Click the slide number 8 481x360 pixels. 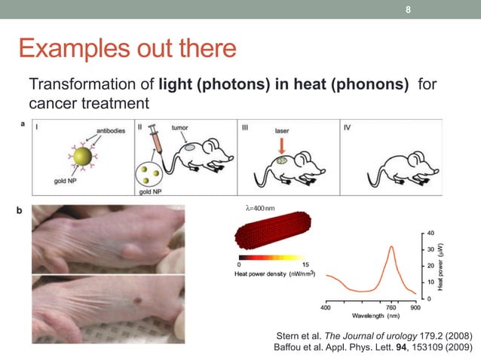408,10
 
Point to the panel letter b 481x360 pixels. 19,213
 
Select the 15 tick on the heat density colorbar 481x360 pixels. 305,264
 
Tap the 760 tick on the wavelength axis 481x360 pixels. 391,308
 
